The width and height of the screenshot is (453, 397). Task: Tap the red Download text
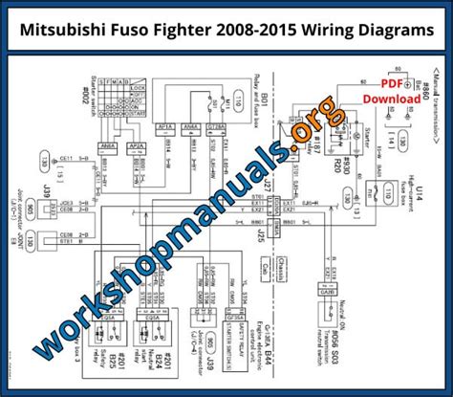coord(390,99)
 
